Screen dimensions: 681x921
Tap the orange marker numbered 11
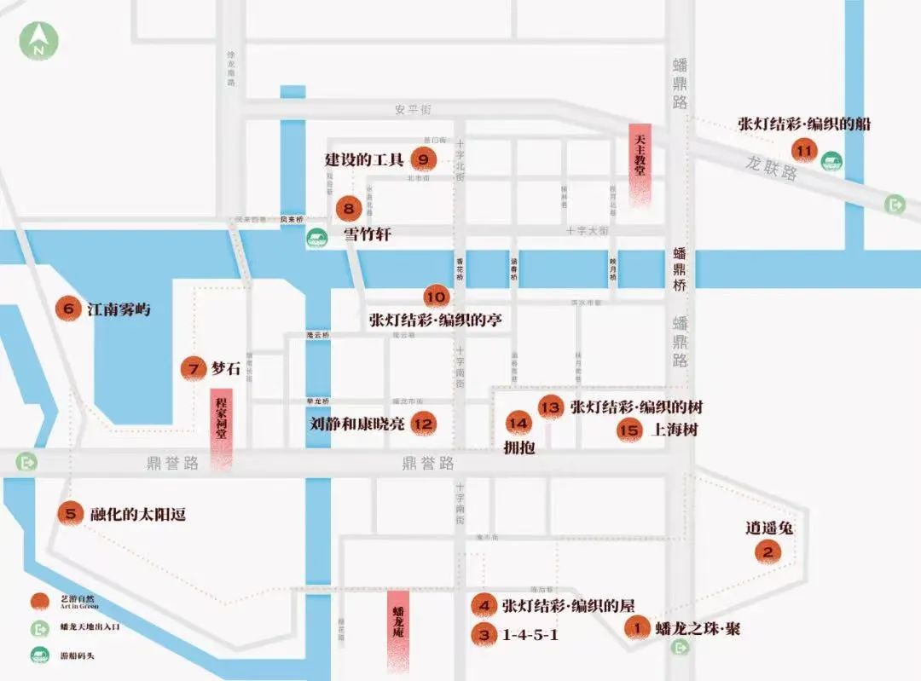pyautogui.click(x=802, y=150)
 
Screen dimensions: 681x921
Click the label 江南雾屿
pyautogui.click(x=119, y=309)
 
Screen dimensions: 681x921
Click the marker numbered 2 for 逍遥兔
pyautogui.click(x=768, y=552)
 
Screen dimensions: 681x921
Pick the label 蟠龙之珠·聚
pyautogui.click(x=698, y=629)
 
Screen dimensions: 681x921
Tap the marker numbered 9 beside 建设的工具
pyautogui.click(x=423, y=159)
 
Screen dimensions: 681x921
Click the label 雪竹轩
pyautogui.click(x=367, y=234)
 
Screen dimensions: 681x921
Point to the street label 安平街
pyautogui.click(x=414, y=110)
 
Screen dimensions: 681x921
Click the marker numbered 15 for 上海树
pyautogui.click(x=629, y=430)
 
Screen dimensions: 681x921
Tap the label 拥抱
pyautogui.click(x=519, y=447)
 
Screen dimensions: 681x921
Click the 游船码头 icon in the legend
pyautogui.click(x=39, y=655)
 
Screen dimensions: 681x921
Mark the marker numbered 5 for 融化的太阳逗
pyautogui.click(x=72, y=514)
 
